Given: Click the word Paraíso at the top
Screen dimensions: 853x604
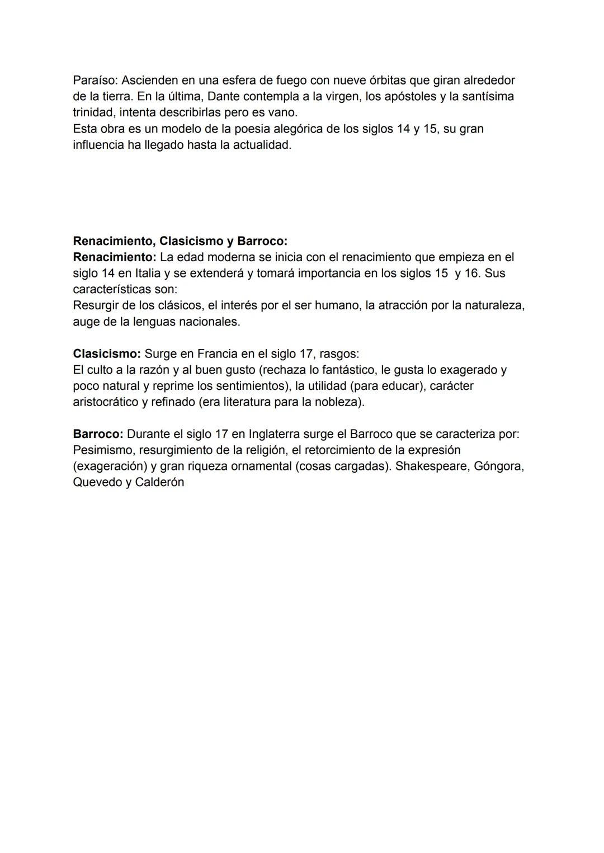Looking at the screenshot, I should [95, 80].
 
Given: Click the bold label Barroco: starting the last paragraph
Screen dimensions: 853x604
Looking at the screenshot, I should [98, 434].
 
